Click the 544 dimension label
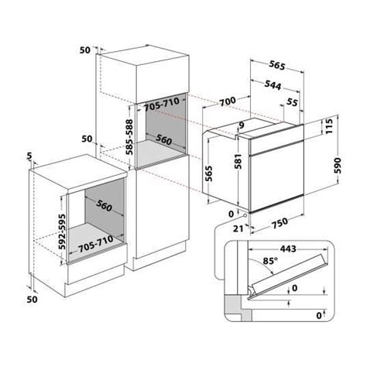click(x=273, y=85)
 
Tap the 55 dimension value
click(x=292, y=102)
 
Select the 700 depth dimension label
click(x=228, y=101)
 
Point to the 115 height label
click(x=329, y=126)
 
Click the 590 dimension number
click(x=338, y=166)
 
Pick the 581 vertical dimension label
click(x=238, y=161)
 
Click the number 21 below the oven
click(x=238, y=228)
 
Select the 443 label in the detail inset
click(x=288, y=249)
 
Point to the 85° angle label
click(x=270, y=261)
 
